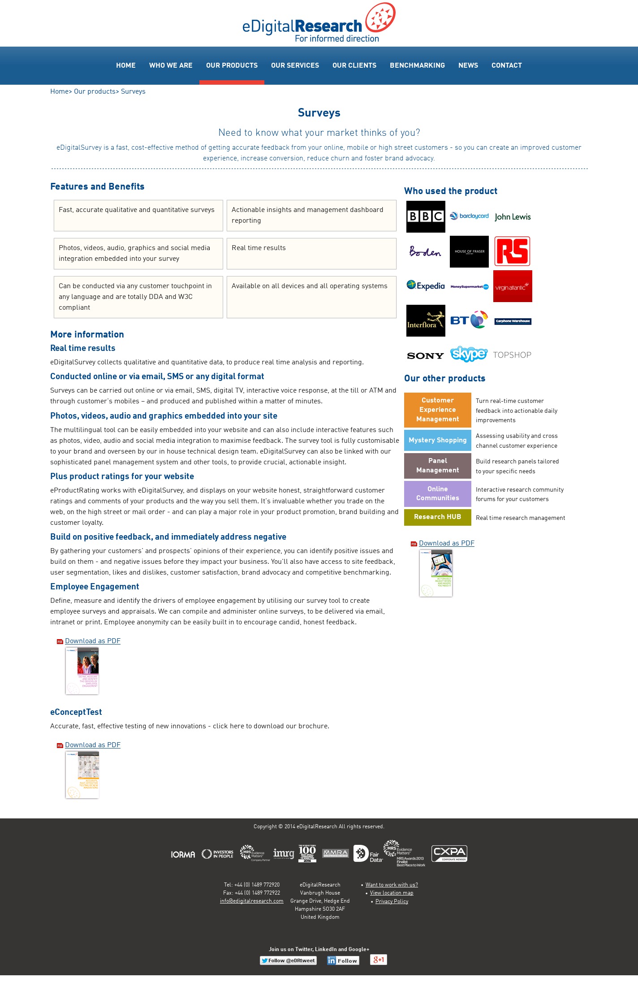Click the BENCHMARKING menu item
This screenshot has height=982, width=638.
tap(417, 65)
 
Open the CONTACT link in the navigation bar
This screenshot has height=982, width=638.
tap(506, 65)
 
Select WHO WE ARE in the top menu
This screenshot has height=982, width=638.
tap(171, 65)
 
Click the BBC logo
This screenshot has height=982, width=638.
tap(426, 216)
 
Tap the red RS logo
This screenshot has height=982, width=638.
tap(512, 251)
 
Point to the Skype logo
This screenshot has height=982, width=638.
tap(469, 354)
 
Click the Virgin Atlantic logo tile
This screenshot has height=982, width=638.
tap(513, 286)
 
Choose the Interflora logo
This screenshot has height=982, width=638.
tap(426, 321)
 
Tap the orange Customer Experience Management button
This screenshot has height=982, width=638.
tap(437, 410)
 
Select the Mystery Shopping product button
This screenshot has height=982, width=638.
tap(437, 440)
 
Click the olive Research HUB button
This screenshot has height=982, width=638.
tap(437, 517)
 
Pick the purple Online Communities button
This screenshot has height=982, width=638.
tap(437, 493)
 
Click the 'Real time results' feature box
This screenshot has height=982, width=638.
tap(311, 254)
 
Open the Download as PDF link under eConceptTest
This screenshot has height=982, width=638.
tap(93, 745)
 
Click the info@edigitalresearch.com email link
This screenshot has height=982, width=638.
tap(251, 901)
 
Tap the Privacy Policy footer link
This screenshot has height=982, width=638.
tap(392, 901)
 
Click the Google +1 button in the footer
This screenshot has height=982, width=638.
tap(379, 960)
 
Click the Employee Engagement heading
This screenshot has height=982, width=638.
tap(95, 587)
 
